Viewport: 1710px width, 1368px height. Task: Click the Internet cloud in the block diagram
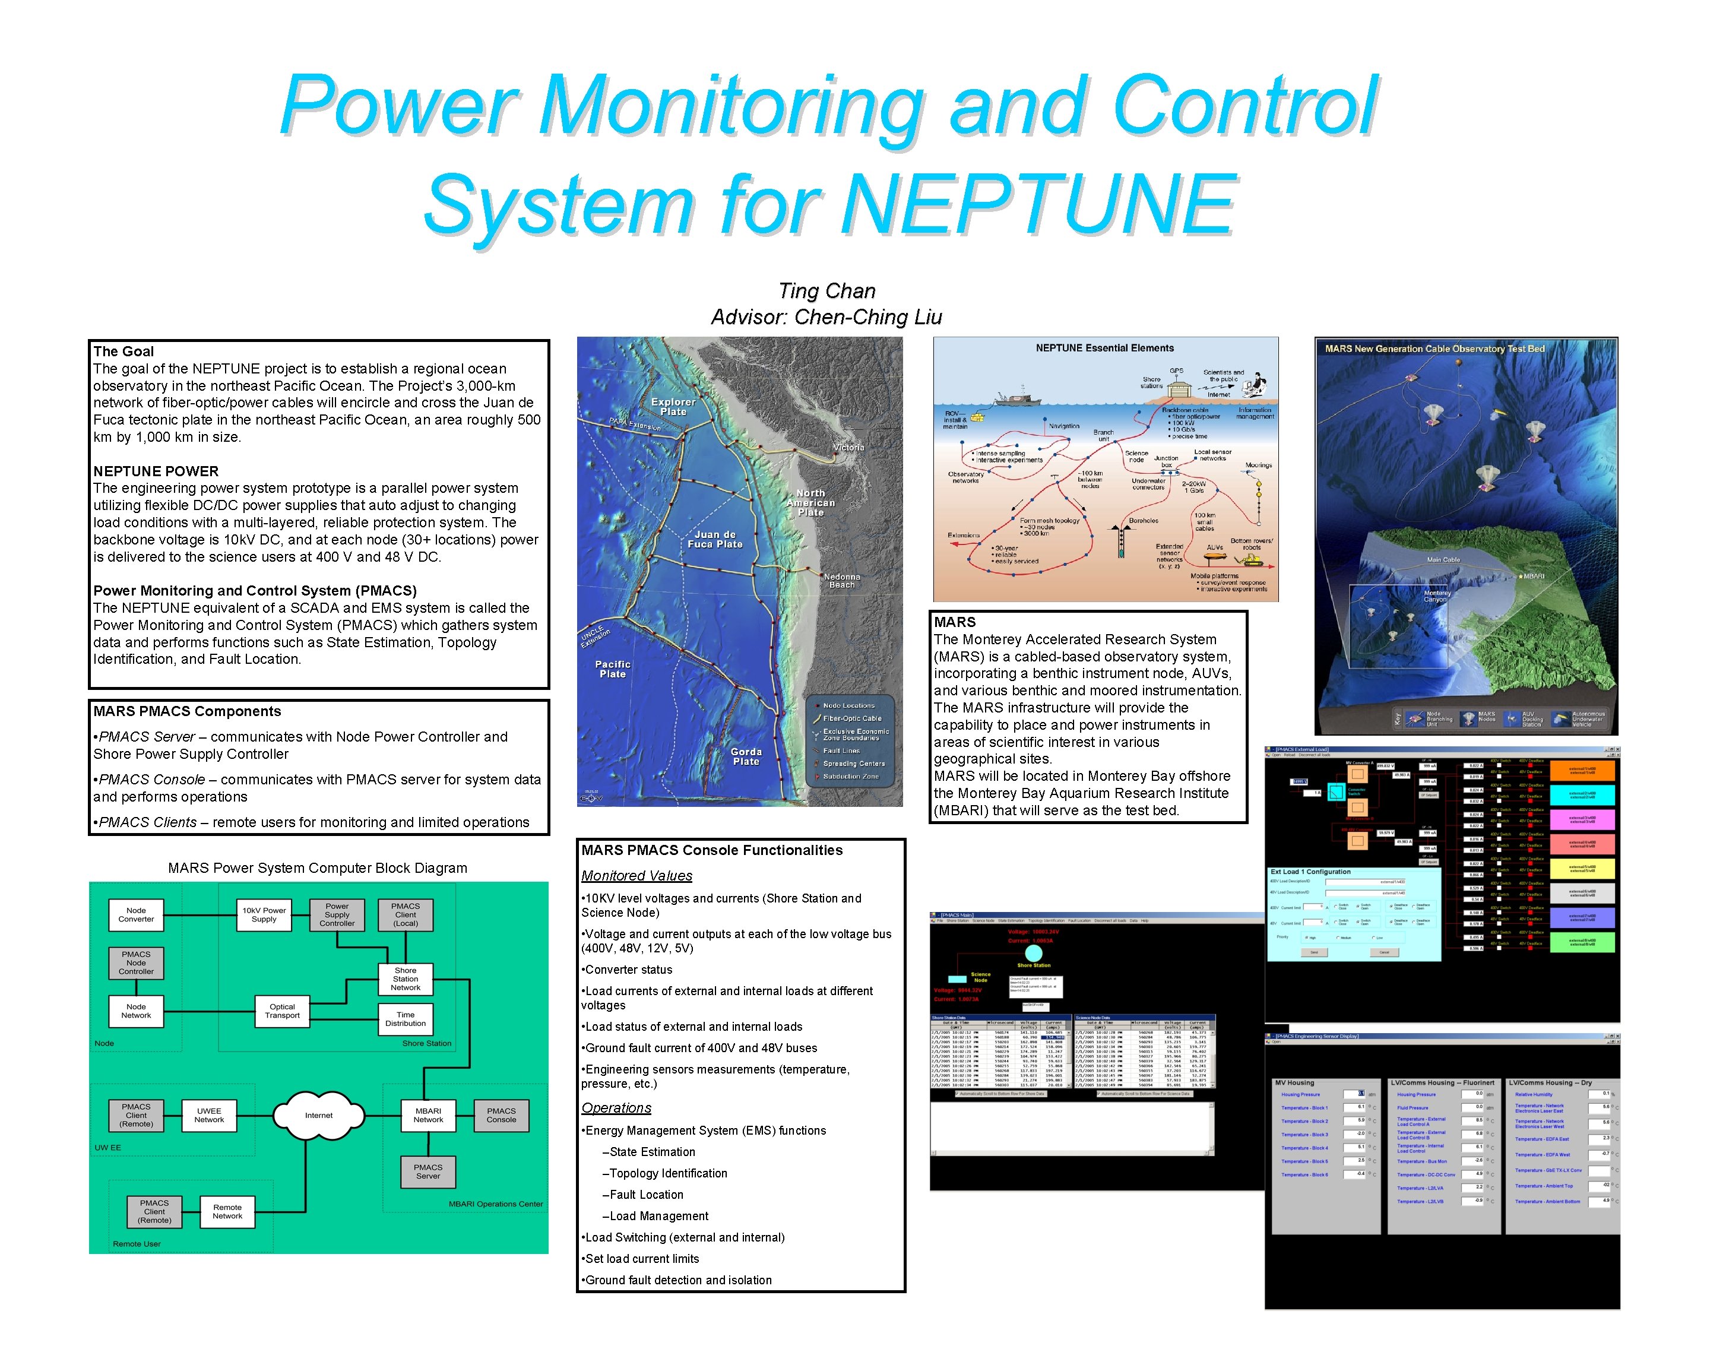coord(319,1115)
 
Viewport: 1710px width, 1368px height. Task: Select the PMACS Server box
coord(427,1171)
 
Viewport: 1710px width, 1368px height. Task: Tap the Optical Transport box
coord(283,1011)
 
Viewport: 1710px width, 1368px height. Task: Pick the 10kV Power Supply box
coord(264,915)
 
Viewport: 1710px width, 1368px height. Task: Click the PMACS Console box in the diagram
coord(501,1115)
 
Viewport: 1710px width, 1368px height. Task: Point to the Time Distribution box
coord(406,1019)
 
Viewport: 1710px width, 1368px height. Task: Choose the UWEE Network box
coord(210,1115)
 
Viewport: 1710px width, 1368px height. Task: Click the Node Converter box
coord(137,915)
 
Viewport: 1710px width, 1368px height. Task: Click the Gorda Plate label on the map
coord(746,756)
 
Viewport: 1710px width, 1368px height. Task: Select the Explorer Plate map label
coord(673,407)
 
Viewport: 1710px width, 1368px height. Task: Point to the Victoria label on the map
coord(848,447)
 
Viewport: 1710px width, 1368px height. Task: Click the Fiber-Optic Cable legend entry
coord(852,718)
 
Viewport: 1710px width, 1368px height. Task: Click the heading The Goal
coord(123,351)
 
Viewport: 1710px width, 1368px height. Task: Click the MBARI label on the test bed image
coord(1533,576)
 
